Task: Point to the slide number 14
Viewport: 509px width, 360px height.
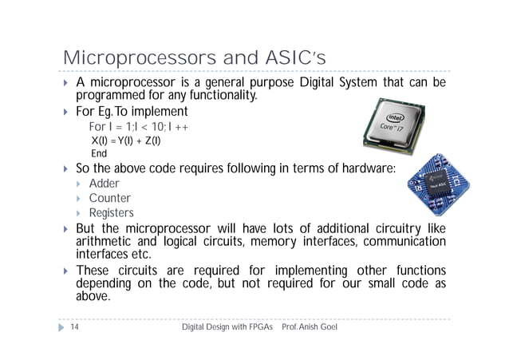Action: [x=73, y=328]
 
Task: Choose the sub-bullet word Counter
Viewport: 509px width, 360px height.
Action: [x=109, y=199]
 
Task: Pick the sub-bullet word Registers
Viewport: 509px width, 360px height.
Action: [x=111, y=213]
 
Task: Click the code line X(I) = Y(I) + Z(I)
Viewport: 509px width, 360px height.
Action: [x=126, y=141]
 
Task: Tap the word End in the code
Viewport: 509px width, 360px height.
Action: [x=99, y=154]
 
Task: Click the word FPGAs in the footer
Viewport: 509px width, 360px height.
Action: [x=257, y=328]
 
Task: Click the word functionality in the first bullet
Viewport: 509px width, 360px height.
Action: [x=217, y=97]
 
